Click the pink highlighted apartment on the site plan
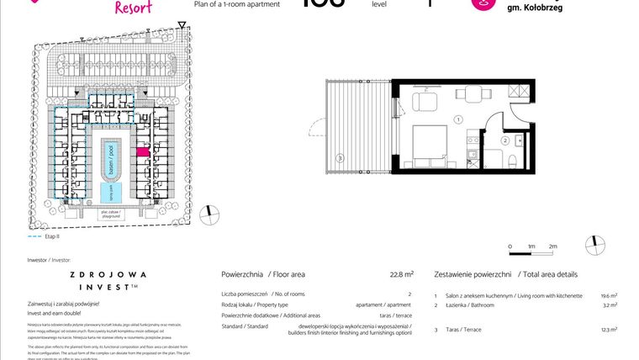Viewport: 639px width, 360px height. tap(142, 152)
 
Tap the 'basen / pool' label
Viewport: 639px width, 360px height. tap(108, 157)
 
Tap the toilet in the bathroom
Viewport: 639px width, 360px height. tap(510, 160)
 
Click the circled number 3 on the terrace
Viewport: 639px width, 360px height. tap(339, 157)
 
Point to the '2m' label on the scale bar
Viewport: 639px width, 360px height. tap(552, 246)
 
